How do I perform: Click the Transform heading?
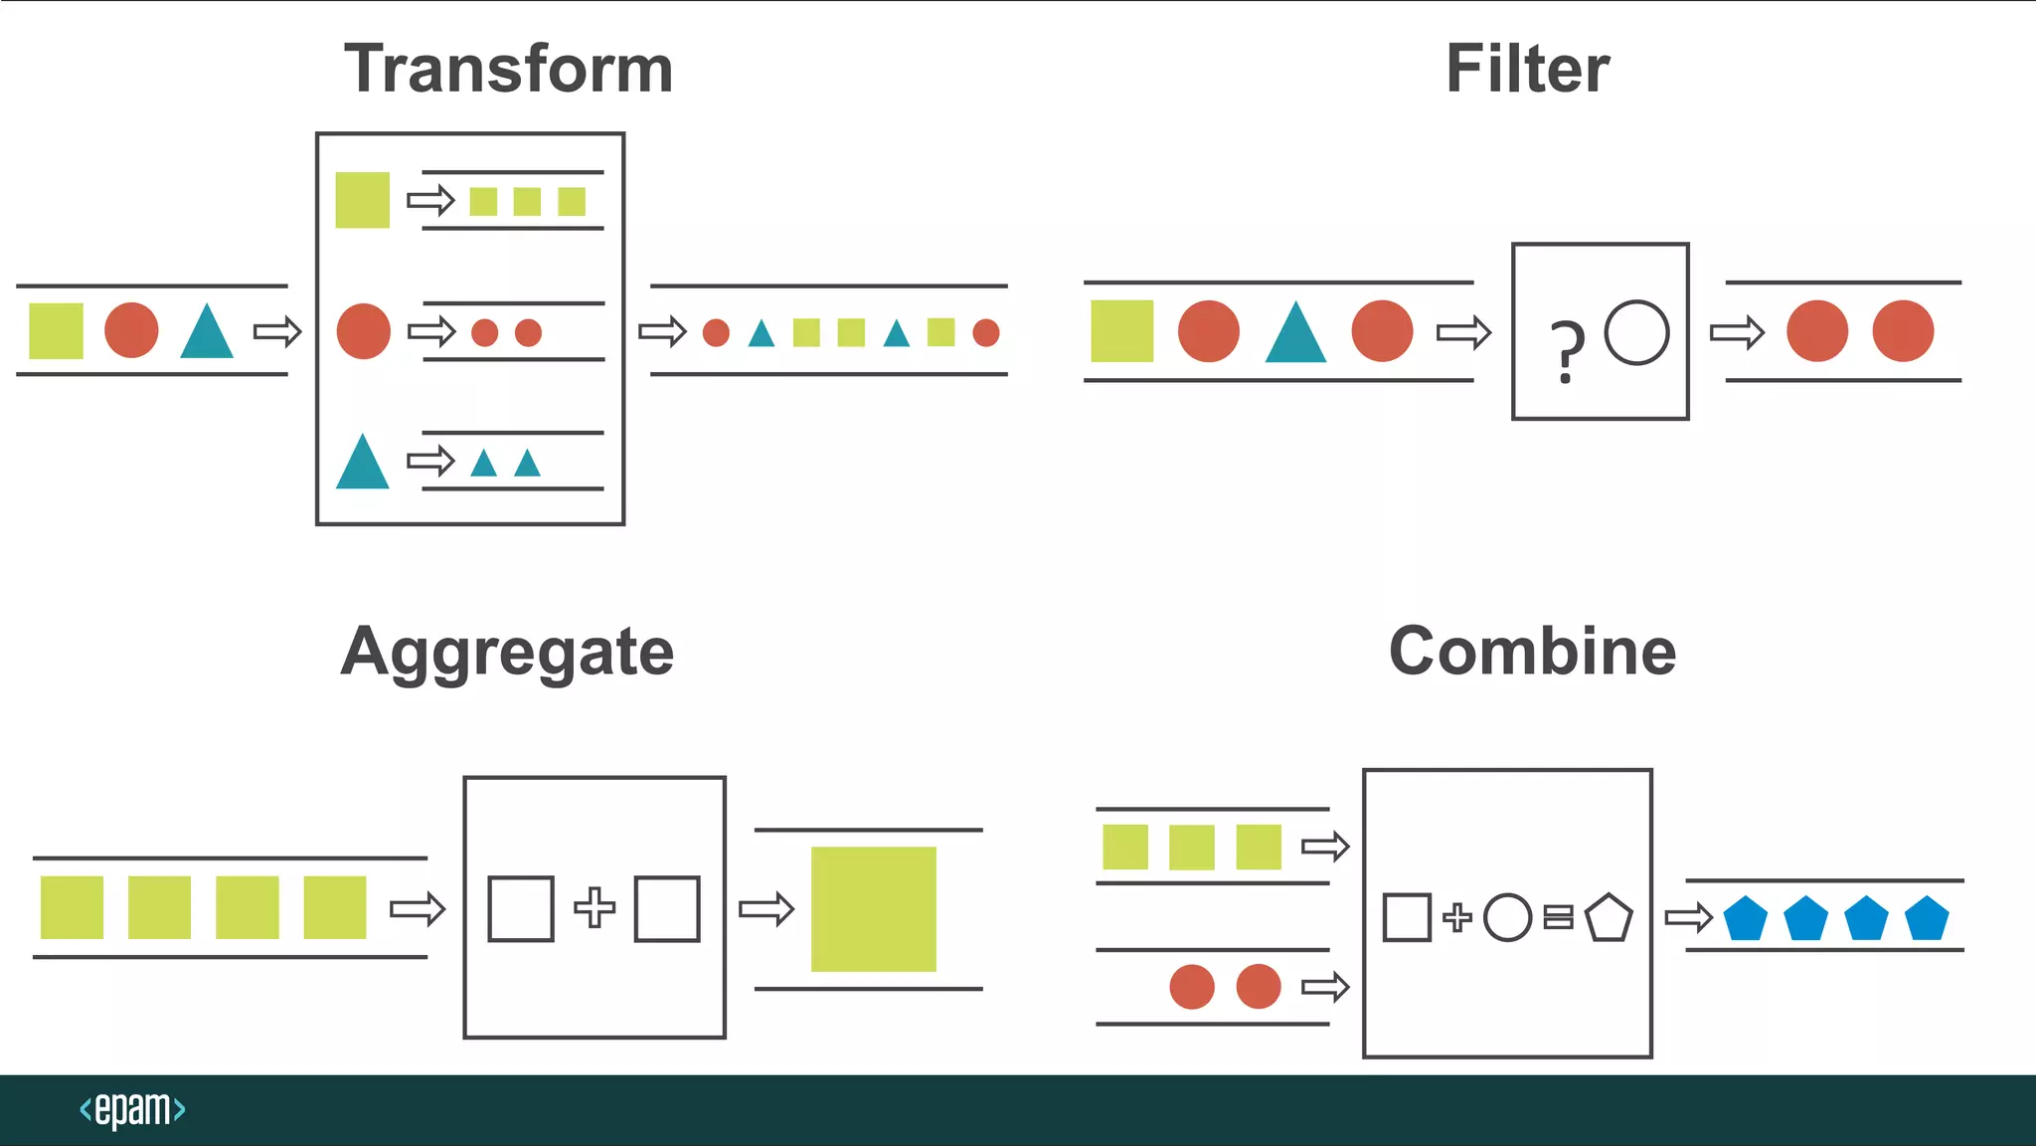point(509,70)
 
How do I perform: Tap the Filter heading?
point(1527,70)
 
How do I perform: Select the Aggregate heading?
point(507,653)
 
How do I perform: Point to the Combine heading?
point(1532,652)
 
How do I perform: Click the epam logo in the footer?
point(132,1109)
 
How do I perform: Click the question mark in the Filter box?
point(1568,351)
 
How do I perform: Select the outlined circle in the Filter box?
point(1636,332)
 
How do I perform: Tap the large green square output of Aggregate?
point(873,908)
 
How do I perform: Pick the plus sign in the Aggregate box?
point(594,907)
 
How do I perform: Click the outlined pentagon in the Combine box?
point(1608,918)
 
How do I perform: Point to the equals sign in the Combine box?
point(1558,917)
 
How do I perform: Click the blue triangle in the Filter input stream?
point(1295,334)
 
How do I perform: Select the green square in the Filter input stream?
point(1121,331)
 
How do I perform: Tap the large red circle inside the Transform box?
point(364,331)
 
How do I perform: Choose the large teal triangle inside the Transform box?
point(362,464)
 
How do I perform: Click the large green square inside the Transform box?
point(362,200)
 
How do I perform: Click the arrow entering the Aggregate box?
point(418,908)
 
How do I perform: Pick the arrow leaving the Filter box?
point(1737,331)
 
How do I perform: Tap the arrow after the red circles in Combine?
point(1325,987)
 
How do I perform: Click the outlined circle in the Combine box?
point(1507,917)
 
